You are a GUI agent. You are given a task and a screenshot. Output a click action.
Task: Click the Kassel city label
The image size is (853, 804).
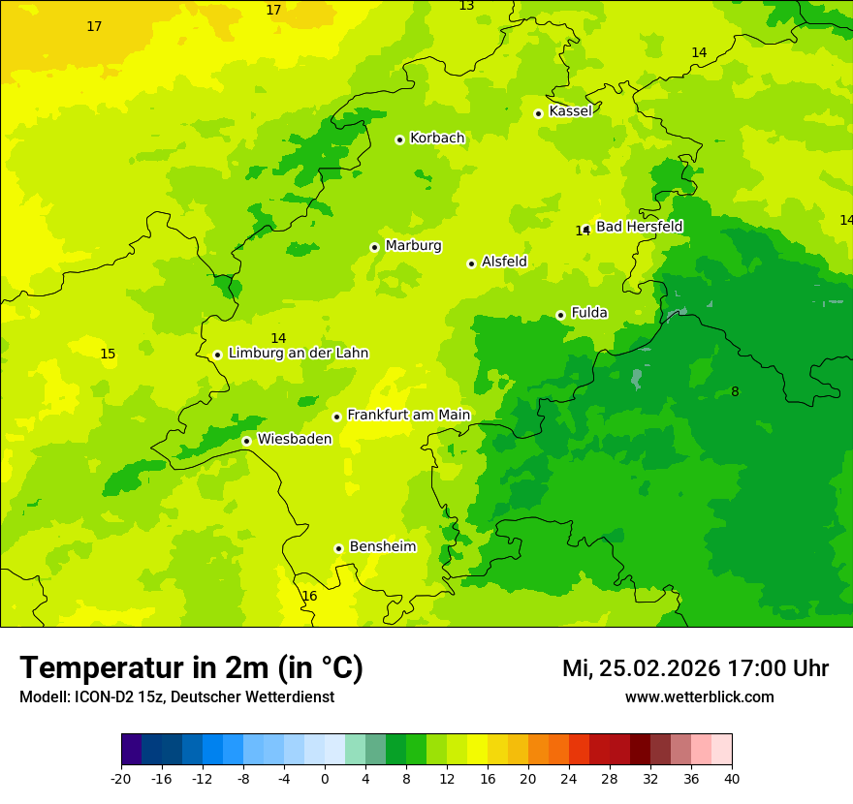click(570, 111)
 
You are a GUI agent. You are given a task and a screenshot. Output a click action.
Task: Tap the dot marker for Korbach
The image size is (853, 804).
click(399, 139)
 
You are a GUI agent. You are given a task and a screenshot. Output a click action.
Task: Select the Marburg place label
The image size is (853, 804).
click(413, 246)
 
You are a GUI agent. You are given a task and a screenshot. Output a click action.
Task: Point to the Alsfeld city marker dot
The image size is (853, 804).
click(471, 263)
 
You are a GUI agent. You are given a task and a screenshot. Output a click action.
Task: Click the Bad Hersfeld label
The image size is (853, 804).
click(639, 227)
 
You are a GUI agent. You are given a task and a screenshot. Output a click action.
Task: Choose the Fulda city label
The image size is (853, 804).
click(589, 313)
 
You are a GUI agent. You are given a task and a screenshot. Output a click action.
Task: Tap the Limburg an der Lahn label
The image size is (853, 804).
click(299, 354)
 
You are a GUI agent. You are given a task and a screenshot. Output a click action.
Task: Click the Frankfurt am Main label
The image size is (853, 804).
click(408, 416)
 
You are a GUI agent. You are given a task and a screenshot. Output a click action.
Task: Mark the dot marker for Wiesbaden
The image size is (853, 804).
click(247, 441)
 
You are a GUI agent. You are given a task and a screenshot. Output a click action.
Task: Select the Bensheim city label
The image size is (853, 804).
click(382, 547)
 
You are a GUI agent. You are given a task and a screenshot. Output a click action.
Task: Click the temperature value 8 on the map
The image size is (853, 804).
click(735, 392)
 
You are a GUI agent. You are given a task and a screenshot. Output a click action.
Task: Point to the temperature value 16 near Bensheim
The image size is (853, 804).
click(309, 597)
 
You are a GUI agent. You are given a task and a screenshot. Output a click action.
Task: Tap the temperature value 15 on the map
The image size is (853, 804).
click(108, 355)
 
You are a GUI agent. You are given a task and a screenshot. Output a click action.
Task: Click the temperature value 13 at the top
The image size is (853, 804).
click(466, 6)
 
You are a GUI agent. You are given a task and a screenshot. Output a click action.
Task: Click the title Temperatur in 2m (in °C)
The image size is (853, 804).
click(191, 668)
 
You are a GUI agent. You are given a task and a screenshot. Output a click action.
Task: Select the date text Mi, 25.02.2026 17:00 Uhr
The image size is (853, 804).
click(695, 668)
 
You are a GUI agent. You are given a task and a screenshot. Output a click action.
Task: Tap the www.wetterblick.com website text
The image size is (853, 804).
click(699, 697)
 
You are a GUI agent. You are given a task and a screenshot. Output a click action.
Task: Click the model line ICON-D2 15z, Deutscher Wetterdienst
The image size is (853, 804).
click(176, 697)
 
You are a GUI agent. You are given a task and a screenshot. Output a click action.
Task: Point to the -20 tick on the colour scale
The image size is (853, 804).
click(121, 779)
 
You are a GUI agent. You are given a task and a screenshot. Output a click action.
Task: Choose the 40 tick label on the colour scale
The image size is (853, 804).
click(732, 779)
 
